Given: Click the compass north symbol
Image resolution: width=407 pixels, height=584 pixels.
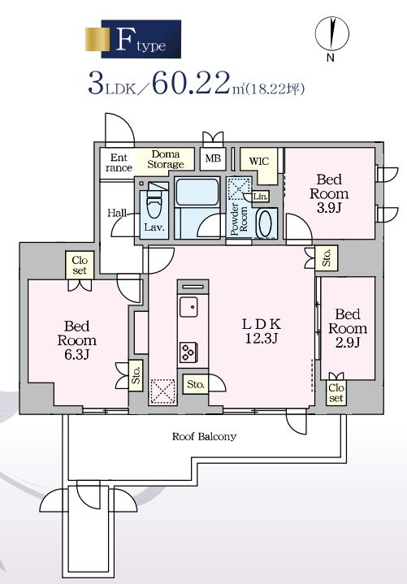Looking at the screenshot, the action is pyautogui.click(x=331, y=35).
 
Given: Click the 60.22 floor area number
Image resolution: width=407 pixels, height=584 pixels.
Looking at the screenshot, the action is pyautogui.click(x=190, y=83).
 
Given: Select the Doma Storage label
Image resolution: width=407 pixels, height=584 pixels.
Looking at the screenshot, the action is pyautogui.click(x=166, y=159).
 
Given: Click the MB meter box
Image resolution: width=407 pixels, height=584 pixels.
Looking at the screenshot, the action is pyautogui.click(x=213, y=158).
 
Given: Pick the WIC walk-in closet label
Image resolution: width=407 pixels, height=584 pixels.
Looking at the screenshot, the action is pyautogui.click(x=259, y=162).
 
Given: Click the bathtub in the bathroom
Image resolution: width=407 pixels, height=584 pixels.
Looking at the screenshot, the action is pyautogui.click(x=197, y=192).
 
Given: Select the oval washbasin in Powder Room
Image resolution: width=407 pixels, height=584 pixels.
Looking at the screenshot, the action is pyautogui.click(x=265, y=223).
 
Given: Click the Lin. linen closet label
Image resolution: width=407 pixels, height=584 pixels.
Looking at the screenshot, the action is pyautogui.click(x=261, y=197).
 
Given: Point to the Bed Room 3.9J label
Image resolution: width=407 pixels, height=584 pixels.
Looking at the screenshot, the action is pyautogui.click(x=329, y=193).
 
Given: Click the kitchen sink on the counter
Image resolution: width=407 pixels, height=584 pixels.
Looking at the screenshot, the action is pyautogui.click(x=188, y=306).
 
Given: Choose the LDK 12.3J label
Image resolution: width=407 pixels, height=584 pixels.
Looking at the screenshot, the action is pyautogui.click(x=262, y=331).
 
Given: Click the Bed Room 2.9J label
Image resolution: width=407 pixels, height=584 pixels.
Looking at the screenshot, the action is pyautogui.click(x=348, y=328).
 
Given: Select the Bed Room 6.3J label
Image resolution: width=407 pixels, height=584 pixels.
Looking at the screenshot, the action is pyautogui.click(x=76, y=340).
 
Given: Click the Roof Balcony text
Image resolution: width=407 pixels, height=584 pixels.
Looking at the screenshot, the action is pyautogui.click(x=204, y=436).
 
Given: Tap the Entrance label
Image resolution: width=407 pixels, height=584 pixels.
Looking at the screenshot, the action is pyautogui.click(x=119, y=162).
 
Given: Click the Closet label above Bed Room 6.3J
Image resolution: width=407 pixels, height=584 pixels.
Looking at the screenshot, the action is pyautogui.click(x=80, y=265).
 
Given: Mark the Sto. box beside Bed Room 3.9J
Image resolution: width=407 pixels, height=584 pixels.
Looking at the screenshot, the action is pyautogui.click(x=327, y=258).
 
